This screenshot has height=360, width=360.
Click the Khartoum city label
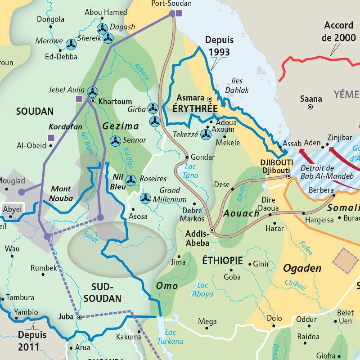click(115, 101)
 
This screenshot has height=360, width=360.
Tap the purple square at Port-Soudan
click(179, 13)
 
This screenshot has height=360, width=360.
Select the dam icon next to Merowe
click(71, 44)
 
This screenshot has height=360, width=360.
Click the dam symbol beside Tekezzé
click(206, 134)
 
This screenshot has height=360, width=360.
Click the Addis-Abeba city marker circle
click(212, 230)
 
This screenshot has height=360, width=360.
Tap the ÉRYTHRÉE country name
click(195, 109)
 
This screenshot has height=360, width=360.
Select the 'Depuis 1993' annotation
click(219, 46)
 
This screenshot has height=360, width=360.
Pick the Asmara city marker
click(209, 98)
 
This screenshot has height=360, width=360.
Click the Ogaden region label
click(302, 269)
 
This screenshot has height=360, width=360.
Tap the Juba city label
click(66, 317)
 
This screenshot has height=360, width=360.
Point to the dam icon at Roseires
click(130, 180)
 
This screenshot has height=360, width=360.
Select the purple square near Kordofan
click(51, 138)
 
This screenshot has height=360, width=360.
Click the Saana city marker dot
click(310, 107)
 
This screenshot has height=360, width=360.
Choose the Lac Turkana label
click(174, 337)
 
